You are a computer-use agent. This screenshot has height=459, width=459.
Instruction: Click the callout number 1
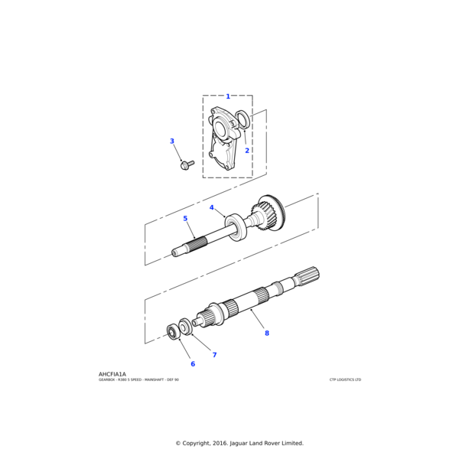click(x=228, y=96)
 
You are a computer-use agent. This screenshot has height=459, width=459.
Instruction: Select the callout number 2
click(x=247, y=151)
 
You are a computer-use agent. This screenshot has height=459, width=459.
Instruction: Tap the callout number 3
click(x=172, y=141)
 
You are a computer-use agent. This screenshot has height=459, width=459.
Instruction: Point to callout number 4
click(x=212, y=207)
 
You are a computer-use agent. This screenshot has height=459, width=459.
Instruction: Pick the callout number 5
click(x=185, y=219)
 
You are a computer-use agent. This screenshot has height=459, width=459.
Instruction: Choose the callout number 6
click(x=193, y=364)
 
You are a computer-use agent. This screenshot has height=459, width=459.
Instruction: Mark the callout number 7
click(x=214, y=355)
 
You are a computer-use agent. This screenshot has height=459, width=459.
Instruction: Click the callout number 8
click(x=267, y=334)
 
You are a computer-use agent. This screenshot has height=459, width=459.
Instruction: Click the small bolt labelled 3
click(x=187, y=164)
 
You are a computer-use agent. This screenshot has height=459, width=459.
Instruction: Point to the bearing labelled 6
click(x=173, y=331)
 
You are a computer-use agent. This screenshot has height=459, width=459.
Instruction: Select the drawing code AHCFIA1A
click(x=112, y=374)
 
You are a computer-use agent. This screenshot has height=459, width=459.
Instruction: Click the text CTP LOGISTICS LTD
click(x=345, y=379)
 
